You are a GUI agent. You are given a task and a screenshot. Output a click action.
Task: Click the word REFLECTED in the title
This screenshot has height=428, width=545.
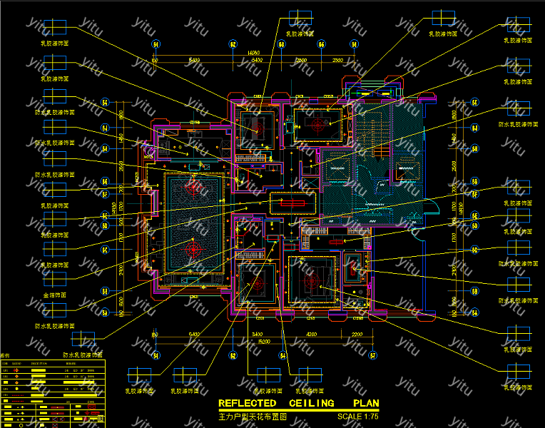246,403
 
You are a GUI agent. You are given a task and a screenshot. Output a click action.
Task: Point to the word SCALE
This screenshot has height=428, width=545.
350,416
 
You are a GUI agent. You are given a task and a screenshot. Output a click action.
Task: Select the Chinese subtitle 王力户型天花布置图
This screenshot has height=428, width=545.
252,416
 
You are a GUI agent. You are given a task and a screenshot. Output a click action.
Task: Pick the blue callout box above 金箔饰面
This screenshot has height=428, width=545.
54,279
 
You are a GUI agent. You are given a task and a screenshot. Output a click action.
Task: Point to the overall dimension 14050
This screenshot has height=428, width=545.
253,52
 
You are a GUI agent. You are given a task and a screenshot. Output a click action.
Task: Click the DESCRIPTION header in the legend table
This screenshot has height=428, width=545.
39,363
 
